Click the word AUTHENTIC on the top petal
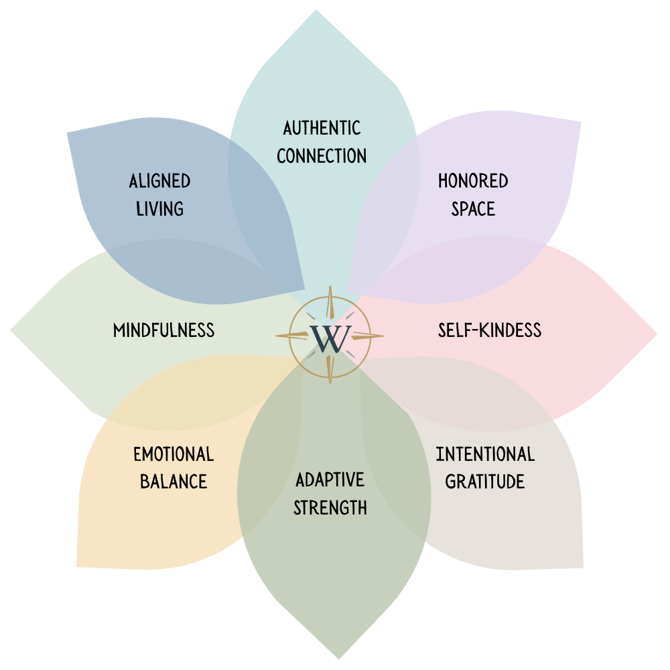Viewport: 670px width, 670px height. [322, 128]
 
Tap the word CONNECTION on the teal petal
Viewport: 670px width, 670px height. [322, 156]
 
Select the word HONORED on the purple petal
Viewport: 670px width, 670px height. [473, 181]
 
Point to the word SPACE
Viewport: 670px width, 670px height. [473, 208]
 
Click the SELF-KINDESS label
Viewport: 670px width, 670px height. [490, 330]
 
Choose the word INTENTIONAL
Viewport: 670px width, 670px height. [485, 454]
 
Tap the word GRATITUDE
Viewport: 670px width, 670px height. [485, 482]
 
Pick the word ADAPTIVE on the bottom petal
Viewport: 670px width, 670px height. [330, 480]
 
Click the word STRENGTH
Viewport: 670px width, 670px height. [330, 507]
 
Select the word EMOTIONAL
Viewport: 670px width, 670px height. [174, 454]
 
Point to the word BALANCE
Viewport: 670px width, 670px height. [174, 482]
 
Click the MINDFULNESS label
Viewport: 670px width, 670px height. [163, 330]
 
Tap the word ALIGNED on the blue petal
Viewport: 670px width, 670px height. [159, 181]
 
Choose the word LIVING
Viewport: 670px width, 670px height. [159, 208]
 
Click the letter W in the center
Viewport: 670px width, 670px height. [330, 338]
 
